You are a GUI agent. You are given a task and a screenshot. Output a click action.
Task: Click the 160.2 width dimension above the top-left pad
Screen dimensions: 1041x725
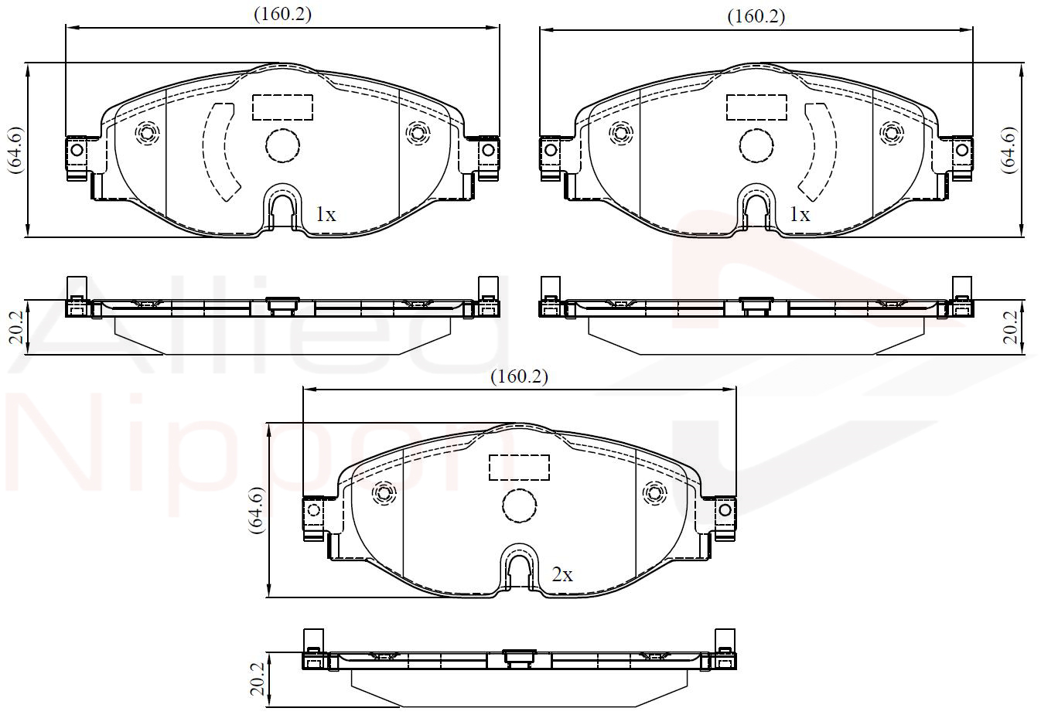point(282,15)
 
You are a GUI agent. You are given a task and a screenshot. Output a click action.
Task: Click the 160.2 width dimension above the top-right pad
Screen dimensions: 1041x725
point(756,17)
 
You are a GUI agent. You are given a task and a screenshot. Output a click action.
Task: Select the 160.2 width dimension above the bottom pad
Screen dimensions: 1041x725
point(519,376)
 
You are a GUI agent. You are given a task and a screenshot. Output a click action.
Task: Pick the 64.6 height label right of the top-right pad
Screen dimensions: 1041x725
point(1009,150)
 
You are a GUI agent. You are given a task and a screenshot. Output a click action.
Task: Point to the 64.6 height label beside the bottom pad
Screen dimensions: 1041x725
point(257,510)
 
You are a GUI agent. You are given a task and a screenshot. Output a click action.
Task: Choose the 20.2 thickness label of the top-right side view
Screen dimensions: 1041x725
point(1010,328)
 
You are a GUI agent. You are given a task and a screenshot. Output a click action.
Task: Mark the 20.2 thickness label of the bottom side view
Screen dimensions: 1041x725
point(257,679)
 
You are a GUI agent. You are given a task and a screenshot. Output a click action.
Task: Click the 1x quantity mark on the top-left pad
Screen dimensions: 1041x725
point(326,215)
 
